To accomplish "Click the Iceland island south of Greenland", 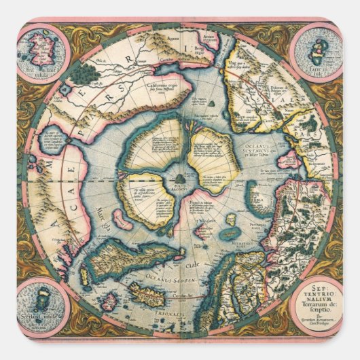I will pyautogui.click(x=144, y=295).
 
